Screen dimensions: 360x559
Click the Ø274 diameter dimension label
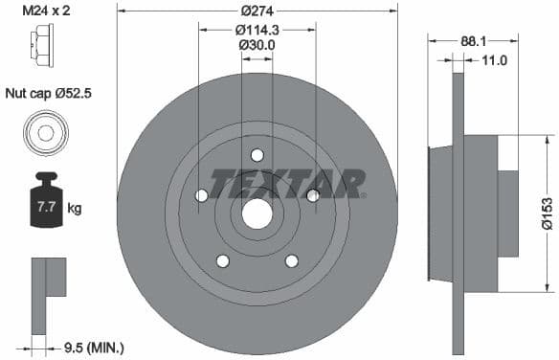[x=257, y=11]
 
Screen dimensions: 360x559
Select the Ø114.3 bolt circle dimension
[x=257, y=29]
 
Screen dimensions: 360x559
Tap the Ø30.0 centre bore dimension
[x=257, y=45]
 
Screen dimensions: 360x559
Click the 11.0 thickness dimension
[x=494, y=60]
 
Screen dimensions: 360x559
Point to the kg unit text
[x=74, y=207]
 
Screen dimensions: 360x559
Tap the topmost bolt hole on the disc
[x=257, y=155]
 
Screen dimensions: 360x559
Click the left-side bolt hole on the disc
[x=201, y=195]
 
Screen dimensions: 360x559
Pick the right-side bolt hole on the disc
[x=313, y=195]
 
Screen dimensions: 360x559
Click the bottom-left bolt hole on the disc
[x=222, y=260]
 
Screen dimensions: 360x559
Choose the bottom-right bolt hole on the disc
[x=292, y=260]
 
